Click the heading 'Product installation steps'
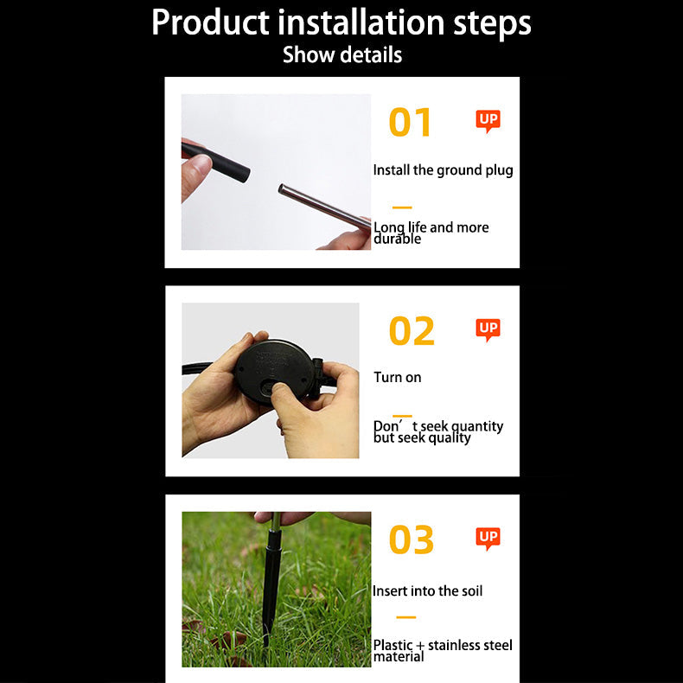341,22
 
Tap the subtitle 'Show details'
342,55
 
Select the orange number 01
410,123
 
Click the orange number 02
412,330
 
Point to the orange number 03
412,539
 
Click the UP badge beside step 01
488,121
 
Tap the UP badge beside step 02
488,329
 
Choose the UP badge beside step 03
488,539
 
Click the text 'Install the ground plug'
443,170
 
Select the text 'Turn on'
397,377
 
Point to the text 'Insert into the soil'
427,591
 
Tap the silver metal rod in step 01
324,207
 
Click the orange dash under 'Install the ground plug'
402,207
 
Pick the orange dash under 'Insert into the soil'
406,617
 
